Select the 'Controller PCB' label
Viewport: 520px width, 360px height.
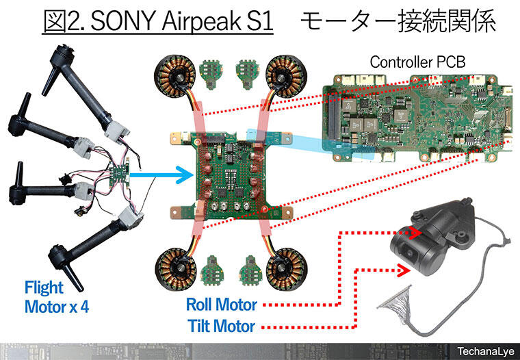pos(417,62)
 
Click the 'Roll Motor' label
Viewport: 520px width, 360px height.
pos(222,305)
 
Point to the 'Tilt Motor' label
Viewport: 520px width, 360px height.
pos(222,326)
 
